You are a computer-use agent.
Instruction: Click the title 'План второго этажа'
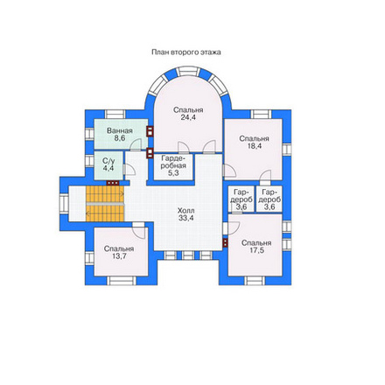click(186, 52)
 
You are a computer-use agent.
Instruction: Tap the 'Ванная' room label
click(120, 130)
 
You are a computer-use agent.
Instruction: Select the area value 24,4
click(188, 117)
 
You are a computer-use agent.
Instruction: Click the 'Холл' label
click(186, 210)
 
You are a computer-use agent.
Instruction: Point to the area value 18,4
click(255, 146)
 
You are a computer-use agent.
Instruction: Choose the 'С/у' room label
click(108, 160)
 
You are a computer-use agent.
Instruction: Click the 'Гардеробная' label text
click(173, 162)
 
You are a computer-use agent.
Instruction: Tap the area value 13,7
click(119, 256)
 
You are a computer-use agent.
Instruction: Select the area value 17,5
click(256, 250)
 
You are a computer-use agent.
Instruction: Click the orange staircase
click(105, 204)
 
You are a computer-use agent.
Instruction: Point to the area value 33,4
click(186, 218)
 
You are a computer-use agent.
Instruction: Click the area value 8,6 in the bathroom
click(120, 138)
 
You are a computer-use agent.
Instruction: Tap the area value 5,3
click(173, 173)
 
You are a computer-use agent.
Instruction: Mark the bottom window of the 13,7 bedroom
click(122, 281)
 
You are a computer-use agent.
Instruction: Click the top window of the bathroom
click(115, 114)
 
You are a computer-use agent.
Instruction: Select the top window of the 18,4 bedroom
click(261, 114)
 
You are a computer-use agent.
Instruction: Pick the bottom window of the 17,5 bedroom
click(255, 281)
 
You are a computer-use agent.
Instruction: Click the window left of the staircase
click(64, 204)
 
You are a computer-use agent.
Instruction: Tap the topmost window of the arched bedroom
click(188, 72)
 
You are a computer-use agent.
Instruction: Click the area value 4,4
click(108, 168)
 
